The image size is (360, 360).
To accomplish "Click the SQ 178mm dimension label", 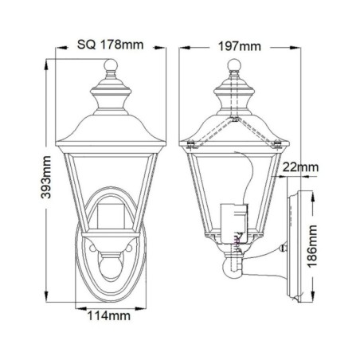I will pyautogui.click(x=111, y=44).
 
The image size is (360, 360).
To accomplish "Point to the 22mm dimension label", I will pyautogui.click(x=301, y=167).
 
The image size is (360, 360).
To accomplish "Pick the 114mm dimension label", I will pyautogui.click(x=110, y=315).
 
